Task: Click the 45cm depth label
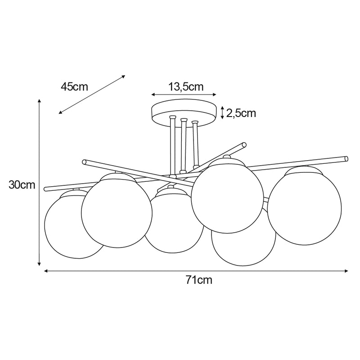[x=74, y=87]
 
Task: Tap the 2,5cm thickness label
[x=241, y=113]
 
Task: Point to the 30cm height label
[x=22, y=185]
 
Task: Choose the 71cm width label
[x=198, y=280]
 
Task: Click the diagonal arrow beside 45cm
[x=92, y=94]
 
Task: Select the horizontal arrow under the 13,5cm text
[x=184, y=95]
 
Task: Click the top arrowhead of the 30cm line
[x=40, y=102]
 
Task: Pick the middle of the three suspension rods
[x=183, y=146]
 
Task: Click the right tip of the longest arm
[x=346, y=158]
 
